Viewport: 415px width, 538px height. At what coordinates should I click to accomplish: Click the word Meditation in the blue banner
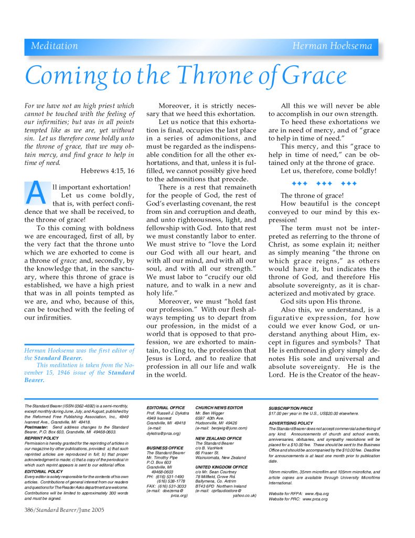(54, 46)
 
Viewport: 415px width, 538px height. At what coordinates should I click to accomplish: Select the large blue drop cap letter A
(36, 193)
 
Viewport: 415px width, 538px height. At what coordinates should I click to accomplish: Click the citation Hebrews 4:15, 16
(108, 170)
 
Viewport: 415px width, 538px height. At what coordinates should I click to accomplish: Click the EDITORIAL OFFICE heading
(165, 407)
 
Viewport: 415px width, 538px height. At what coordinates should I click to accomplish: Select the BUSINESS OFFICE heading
(165, 448)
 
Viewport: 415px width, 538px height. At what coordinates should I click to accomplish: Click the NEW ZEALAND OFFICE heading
(218, 438)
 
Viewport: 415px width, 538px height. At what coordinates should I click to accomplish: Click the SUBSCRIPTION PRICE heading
(291, 408)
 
